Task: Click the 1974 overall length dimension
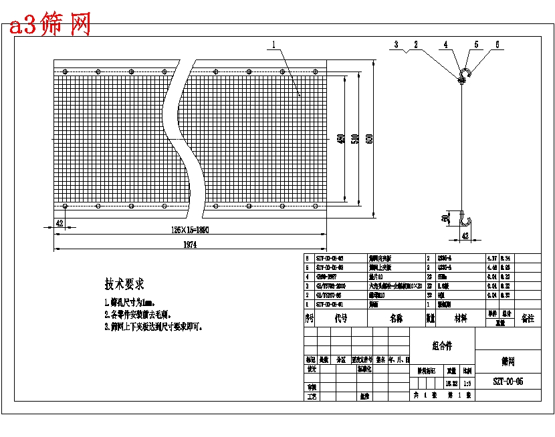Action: [190, 245]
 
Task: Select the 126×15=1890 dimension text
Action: [191, 230]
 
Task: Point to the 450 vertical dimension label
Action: [341, 139]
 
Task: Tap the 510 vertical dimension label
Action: [355, 139]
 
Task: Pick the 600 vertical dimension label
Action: [370, 139]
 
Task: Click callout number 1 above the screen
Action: [273, 45]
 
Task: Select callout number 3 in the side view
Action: [396, 45]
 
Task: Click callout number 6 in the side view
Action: [497, 45]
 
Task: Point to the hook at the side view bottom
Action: [466, 221]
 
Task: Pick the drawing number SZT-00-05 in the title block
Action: [508, 382]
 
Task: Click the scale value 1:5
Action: [467, 383]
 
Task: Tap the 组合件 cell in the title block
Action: [441, 345]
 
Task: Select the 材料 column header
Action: [461, 319]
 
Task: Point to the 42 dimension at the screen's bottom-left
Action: [60, 223]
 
